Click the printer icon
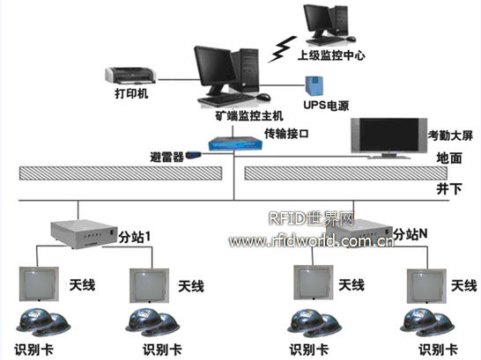coord(130,76)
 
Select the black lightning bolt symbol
coord(282,49)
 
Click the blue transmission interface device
coord(235,143)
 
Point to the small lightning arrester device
coord(194,154)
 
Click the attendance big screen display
coord(389,138)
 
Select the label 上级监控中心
coord(331,55)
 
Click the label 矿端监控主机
coord(248,116)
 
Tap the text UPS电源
coord(326,106)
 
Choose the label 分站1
coord(135,237)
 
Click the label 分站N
coord(411,234)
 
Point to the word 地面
coord(449,158)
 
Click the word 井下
coord(449,188)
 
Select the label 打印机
coord(131,93)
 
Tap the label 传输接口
coord(286,134)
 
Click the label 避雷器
coord(166,157)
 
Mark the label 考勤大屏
coord(450,136)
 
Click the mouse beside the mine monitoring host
coord(263,97)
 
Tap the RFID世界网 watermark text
coord(312,219)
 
